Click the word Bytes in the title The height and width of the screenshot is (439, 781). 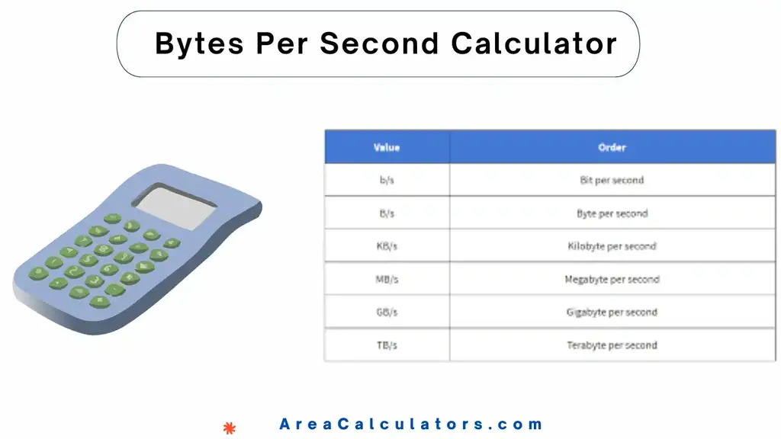(x=201, y=44)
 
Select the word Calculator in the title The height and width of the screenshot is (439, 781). (x=534, y=44)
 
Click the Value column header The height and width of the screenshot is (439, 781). (x=387, y=147)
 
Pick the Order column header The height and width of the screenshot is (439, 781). (x=612, y=147)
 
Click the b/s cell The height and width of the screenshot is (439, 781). (x=387, y=181)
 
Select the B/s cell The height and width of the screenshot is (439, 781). (x=387, y=214)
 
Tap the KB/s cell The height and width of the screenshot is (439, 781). (x=387, y=246)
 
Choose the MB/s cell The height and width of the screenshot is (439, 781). (x=387, y=280)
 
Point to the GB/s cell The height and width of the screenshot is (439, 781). (x=387, y=312)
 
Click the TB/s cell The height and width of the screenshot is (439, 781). (x=387, y=345)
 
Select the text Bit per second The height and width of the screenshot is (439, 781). (x=612, y=181)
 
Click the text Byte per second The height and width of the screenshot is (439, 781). (x=612, y=214)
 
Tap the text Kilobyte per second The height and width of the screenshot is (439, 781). (x=612, y=246)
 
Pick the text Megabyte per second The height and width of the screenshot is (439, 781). (x=612, y=280)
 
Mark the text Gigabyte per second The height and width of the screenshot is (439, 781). (x=612, y=312)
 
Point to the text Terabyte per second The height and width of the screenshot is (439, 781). (x=612, y=345)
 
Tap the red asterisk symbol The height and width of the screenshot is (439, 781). (x=229, y=428)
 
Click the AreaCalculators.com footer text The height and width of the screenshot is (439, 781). (x=411, y=425)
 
